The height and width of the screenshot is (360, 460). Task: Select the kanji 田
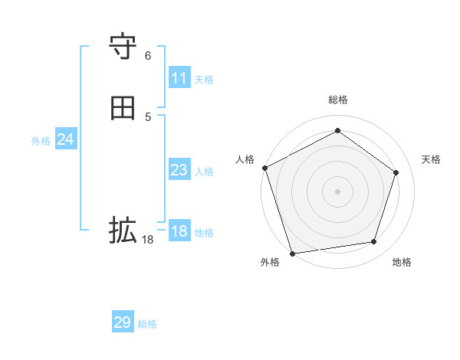[123, 109]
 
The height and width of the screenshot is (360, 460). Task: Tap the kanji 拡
[123, 230]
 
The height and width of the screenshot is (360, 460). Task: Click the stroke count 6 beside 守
[148, 56]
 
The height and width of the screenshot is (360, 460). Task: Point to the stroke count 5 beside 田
[148, 116]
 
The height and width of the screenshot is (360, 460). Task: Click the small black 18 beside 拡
[148, 239]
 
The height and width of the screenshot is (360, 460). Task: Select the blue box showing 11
[179, 78]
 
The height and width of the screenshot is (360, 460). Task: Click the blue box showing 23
[179, 170]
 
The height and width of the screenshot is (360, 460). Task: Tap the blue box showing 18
[179, 231]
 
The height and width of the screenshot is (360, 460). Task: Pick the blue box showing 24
[66, 139]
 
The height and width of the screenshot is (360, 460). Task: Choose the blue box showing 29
[123, 322]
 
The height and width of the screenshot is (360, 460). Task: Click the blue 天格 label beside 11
[204, 80]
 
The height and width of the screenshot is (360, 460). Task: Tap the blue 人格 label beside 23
[204, 172]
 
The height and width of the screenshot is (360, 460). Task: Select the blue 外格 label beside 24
[41, 141]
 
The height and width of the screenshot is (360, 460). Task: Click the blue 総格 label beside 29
[147, 324]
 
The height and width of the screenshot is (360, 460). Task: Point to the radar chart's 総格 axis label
[337, 100]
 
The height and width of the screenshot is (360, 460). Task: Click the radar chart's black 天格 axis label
[431, 159]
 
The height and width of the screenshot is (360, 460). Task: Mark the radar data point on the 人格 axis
[264, 168]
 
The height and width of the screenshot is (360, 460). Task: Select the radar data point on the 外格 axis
[292, 252]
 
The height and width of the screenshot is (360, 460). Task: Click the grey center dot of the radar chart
[337, 191]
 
